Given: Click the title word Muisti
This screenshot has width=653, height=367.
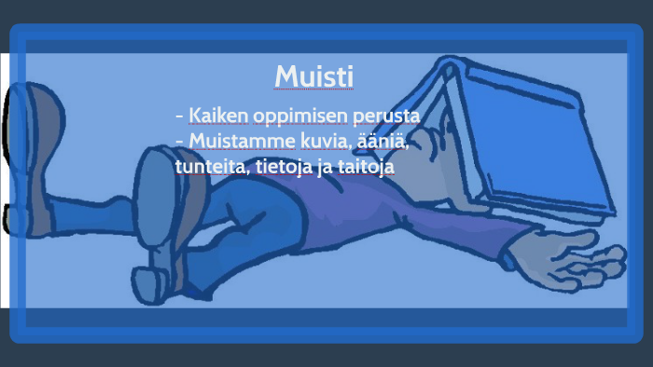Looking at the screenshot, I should pos(314,75).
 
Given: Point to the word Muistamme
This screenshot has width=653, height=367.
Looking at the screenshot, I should pos(237,142).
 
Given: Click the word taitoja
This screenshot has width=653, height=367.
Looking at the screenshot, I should pos(366,168).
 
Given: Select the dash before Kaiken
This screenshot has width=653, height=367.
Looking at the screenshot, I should pos(179,116).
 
